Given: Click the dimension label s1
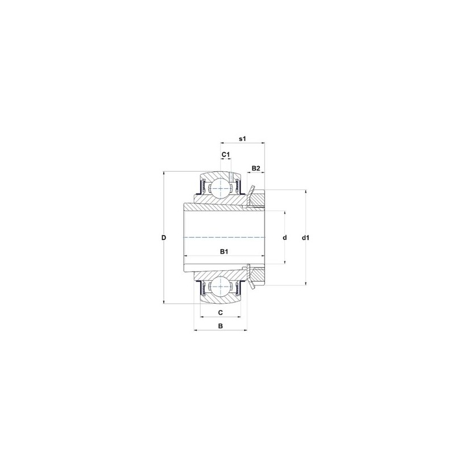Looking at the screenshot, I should [242, 139].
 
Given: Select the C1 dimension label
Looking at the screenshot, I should [225, 155].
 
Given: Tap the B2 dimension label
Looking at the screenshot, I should [256, 168].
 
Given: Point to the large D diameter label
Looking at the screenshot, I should [163, 237].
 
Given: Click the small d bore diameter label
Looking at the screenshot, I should [284, 237].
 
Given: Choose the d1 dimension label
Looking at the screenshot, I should [305, 237].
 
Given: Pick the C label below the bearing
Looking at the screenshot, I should [220, 313].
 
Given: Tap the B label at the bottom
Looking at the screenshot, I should [220, 326].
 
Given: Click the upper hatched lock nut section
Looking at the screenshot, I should [258, 200].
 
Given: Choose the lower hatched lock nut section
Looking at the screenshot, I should [258, 274].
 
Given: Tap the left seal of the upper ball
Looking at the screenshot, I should [201, 187].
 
